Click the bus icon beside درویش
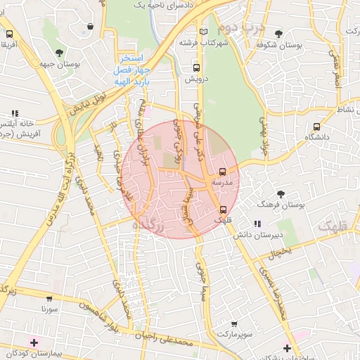click(x=196, y=68)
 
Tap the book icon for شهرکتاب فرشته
click(x=204, y=32)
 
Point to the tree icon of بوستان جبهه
click(x=60, y=53)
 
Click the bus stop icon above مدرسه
click(x=223, y=172)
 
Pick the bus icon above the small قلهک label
click(x=223, y=209)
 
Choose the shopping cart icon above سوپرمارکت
click(x=234, y=324)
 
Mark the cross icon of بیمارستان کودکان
click(x=34, y=342)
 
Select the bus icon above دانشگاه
click(x=316, y=127)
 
